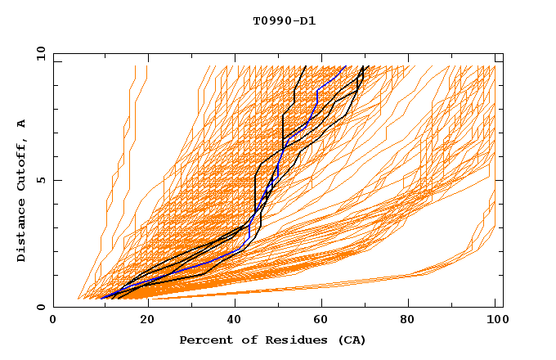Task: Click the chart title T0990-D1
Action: (x=285, y=20)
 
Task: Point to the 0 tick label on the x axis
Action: (x=53, y=320)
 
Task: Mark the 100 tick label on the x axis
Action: (x=495, y=320)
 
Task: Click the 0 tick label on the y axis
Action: (x=40, y=308)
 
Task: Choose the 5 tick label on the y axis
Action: (x=40, y=180)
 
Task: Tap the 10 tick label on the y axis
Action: (x=37, y=53)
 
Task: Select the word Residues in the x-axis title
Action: (x=283, y=340)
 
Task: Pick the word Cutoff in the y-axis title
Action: (x=22, y=160)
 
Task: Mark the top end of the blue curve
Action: (x=346, y=66)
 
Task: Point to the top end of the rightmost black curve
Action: (x=369, y=66)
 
